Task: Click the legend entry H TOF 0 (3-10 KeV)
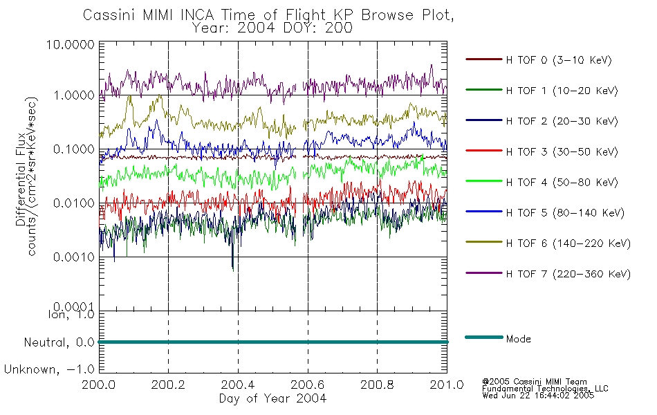[x=559, y=60]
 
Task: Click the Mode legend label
[x=519, y=339]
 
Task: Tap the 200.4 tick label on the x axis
[x=238, y=385]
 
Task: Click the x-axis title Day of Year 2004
[x=272, y=398]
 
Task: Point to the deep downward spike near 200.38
[x=233, y=266]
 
